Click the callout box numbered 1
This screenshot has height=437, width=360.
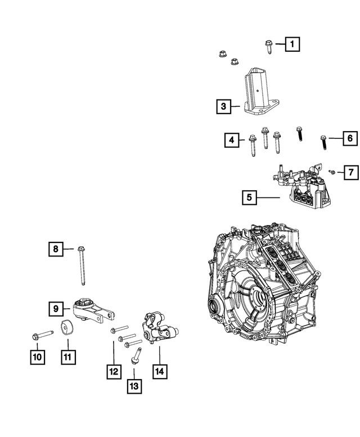point(292,43)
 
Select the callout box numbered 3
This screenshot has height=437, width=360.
point(223,106)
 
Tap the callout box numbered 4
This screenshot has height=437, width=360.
point(231,140)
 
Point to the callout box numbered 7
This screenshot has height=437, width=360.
point(351,172)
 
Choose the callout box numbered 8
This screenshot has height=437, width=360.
point(56,248)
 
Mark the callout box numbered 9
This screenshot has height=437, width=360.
point(56,308)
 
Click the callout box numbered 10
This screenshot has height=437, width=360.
point(36,355)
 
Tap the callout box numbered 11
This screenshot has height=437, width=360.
point(67,355)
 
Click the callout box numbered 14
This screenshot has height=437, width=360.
point(159,371)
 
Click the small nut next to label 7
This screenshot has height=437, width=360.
point(333,172)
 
